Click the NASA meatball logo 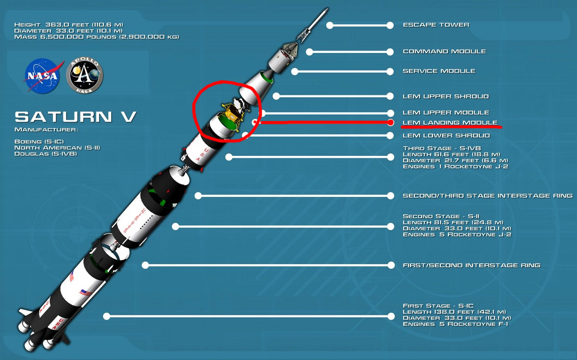tap(41, 76)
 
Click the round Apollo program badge tap(85, 76)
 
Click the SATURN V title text tap(76, 117)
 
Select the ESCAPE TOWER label tap(436, 25)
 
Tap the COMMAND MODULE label tap(444, 51)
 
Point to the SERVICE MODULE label tap(439, 71)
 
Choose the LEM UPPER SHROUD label tap(446, 97)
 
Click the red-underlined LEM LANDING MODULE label tap(450, 123)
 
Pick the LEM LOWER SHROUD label tap(446, 136)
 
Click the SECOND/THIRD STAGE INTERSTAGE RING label tap(487, 196)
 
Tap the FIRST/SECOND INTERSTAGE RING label tap(471, 265)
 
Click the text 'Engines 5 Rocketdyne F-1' tap(455, 324)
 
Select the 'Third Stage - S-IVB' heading tap(443, 148)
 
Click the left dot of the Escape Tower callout tap(330, 25)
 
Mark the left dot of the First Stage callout tap(107, 316)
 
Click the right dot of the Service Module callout tap(389, 71)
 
